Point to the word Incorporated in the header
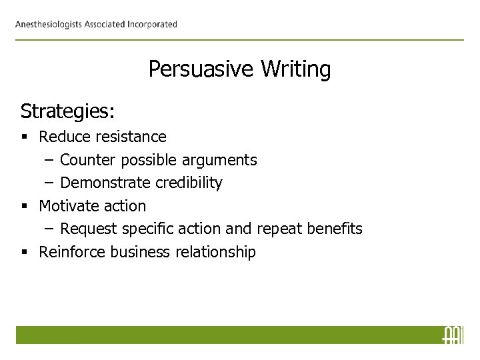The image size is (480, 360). point(147,25)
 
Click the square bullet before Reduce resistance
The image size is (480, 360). point(24,137)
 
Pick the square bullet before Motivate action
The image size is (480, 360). point(24,206)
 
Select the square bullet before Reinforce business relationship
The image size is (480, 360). point(24,252)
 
